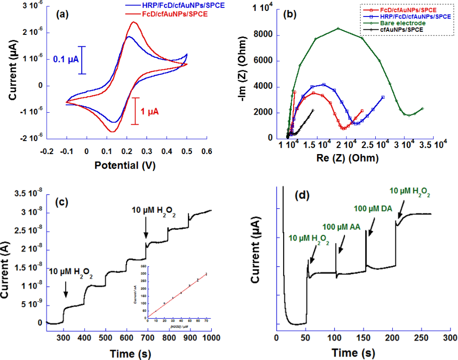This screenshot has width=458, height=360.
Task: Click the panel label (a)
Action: [64, 14]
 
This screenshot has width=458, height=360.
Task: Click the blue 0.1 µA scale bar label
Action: [65, 60]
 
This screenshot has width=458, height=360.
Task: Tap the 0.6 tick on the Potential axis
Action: [206, 151]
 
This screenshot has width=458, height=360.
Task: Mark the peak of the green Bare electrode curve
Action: [338, 28]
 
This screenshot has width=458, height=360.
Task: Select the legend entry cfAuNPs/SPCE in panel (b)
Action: [402, 30]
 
